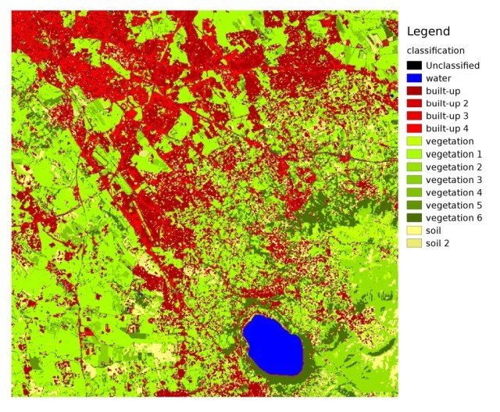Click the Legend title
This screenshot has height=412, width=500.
click(428, 32)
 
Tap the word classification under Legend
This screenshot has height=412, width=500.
click(436, 51)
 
